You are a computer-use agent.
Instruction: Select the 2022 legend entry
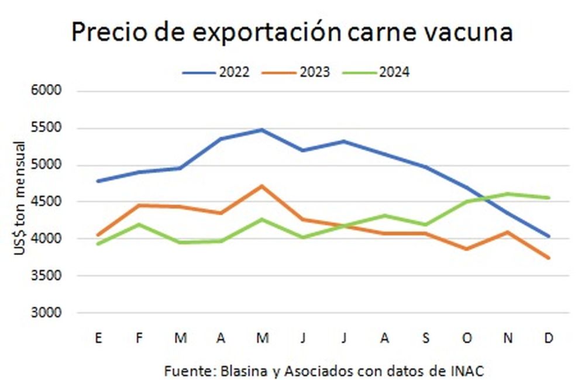pyautogui.click(x=216, y=72)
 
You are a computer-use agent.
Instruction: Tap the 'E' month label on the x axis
pyautogui.click(x=98, y=338)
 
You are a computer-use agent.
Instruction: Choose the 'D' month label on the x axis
pyautogui.click(x=548, y=338)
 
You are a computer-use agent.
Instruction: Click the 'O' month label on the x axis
pyautogui.click(x=466, y=338)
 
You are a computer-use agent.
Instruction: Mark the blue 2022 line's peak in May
pyautogui.click(x=262, y=130)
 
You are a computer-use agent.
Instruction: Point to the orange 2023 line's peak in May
pyautogui.click(x=262, y=186)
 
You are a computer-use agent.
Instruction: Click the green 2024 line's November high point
pyautogui.click(x=507, y=194)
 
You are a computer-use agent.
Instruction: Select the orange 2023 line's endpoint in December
pyautogui.click(x=548, y=258)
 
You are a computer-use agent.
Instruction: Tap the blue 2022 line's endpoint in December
pyautogui.click(x=548, y=236)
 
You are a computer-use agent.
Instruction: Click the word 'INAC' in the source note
pyautogui.click(x=466, y=371)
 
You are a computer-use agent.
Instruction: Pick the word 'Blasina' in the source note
pyautogui.click(x=240, y=371)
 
